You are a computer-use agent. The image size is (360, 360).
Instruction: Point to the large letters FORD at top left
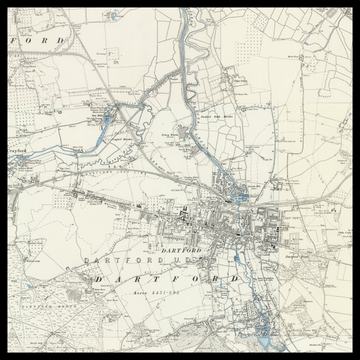(x=40, y=39)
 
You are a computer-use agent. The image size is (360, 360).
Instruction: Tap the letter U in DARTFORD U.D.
(x=175, y=261)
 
